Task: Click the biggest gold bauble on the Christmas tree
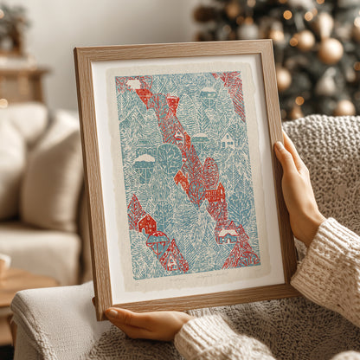(x=331, y=50)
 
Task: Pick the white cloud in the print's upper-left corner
(x=133, y=84)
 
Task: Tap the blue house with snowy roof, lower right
(x=228, y=235)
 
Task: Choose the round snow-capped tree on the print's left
(x=145, y=165)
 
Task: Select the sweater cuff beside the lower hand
(x=212, y=337)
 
